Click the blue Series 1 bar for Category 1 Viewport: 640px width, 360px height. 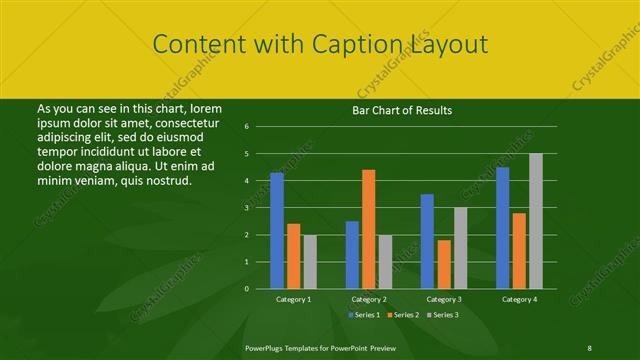[x=277, y=230]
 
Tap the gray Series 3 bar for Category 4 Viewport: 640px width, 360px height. [x=536, y=220]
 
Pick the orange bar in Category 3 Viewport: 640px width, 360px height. [x=444, y=264]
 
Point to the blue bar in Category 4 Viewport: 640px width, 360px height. [x=502, y=227]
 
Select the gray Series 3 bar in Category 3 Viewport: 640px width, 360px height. [x=460, y=248]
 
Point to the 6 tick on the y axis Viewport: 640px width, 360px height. [x=247, y=127]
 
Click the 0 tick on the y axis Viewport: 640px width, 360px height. [x=247, y=288]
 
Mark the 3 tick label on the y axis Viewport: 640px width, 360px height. [x=247, y=208]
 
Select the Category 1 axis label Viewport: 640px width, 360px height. [x=294, y=299]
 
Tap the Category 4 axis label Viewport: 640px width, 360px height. [x=519, y=299]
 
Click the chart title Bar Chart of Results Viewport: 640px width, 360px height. [x=402, y=110]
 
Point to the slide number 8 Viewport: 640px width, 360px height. [x=589, y=347]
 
